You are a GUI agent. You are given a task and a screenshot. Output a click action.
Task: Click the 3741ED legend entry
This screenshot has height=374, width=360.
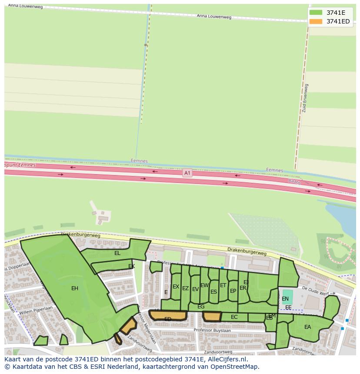point(338,21)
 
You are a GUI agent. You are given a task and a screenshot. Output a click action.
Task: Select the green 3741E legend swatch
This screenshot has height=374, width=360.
point(316,13)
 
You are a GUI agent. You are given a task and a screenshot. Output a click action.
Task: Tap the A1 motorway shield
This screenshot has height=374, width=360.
point(187,173)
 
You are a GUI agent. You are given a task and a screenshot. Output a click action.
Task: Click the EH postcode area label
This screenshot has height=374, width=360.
point(75,288)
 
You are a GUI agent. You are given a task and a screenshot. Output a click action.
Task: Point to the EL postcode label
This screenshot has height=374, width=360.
point(117,253)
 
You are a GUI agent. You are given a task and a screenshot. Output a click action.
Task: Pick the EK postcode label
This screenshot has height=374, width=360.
point(131,266)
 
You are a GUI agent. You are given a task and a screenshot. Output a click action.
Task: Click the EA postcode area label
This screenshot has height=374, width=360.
point(307,327)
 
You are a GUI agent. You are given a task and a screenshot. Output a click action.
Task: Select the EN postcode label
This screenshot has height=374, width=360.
point(285,299)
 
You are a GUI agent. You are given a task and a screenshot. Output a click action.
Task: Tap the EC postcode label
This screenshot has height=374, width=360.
point(234,317)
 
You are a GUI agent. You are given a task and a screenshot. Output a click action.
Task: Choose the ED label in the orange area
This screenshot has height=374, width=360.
point(168,319)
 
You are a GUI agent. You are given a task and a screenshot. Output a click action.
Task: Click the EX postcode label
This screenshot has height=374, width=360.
point(176,287)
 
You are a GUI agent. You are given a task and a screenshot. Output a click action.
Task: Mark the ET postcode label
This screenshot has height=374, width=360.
point(223,285)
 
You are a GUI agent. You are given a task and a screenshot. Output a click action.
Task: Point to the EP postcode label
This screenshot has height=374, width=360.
point(233,291)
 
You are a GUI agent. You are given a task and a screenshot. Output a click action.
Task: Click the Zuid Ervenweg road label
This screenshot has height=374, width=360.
point(304,98)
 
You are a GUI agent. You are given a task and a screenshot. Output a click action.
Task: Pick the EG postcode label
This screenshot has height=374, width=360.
point(201,307)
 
